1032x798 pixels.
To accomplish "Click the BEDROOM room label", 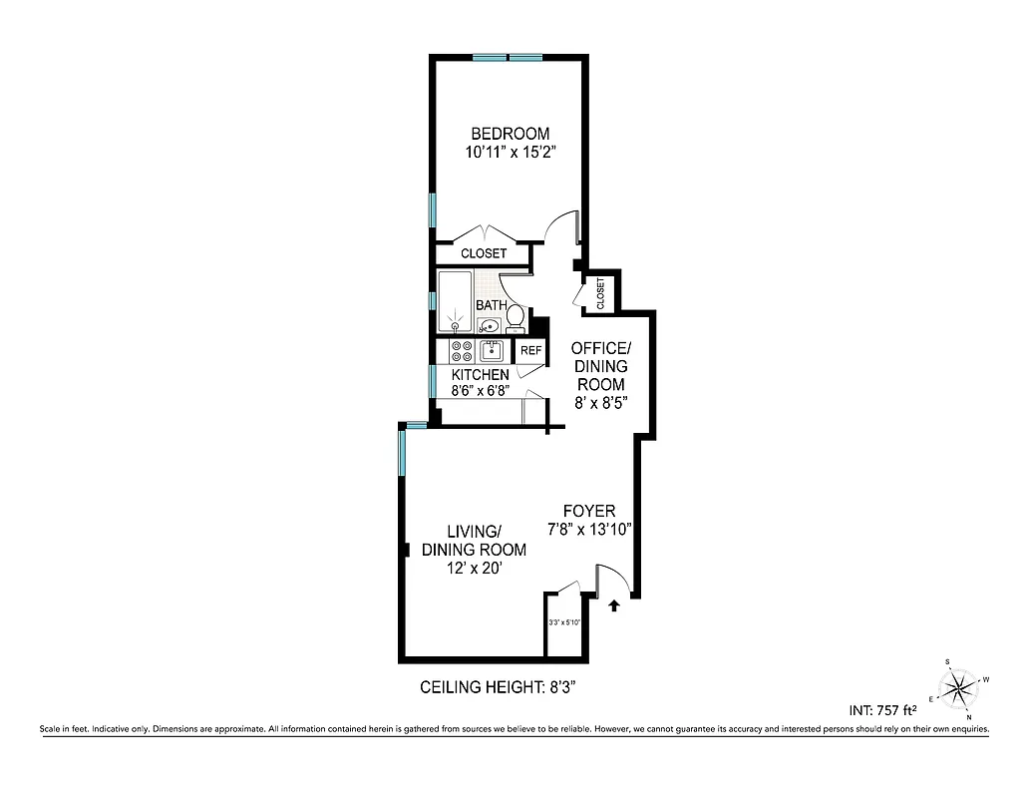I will click(x=510, y=134).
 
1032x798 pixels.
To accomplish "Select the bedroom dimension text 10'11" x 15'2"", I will click(x=510, y=154).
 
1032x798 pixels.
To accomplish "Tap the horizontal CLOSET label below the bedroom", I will click(x=484, y=253).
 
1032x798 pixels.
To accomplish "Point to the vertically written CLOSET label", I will click(x=600, y=293).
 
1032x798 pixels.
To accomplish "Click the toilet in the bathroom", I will click(x=515, y=317).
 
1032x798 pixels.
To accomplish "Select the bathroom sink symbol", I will click(x=490, y=325).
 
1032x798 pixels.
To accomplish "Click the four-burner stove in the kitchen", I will click(x=462, y=351).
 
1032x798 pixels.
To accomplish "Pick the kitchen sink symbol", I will click(x=492, y=350).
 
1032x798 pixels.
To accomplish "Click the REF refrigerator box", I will click(x=530, y=351).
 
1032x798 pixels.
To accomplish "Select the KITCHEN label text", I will click(x=481, y=375).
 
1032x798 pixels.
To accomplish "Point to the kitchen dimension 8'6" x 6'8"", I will click(x=481, y=390).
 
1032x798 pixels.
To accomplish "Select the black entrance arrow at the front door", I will click(x=614, y=603).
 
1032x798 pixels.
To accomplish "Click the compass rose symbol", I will click(x=959, y=687).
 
